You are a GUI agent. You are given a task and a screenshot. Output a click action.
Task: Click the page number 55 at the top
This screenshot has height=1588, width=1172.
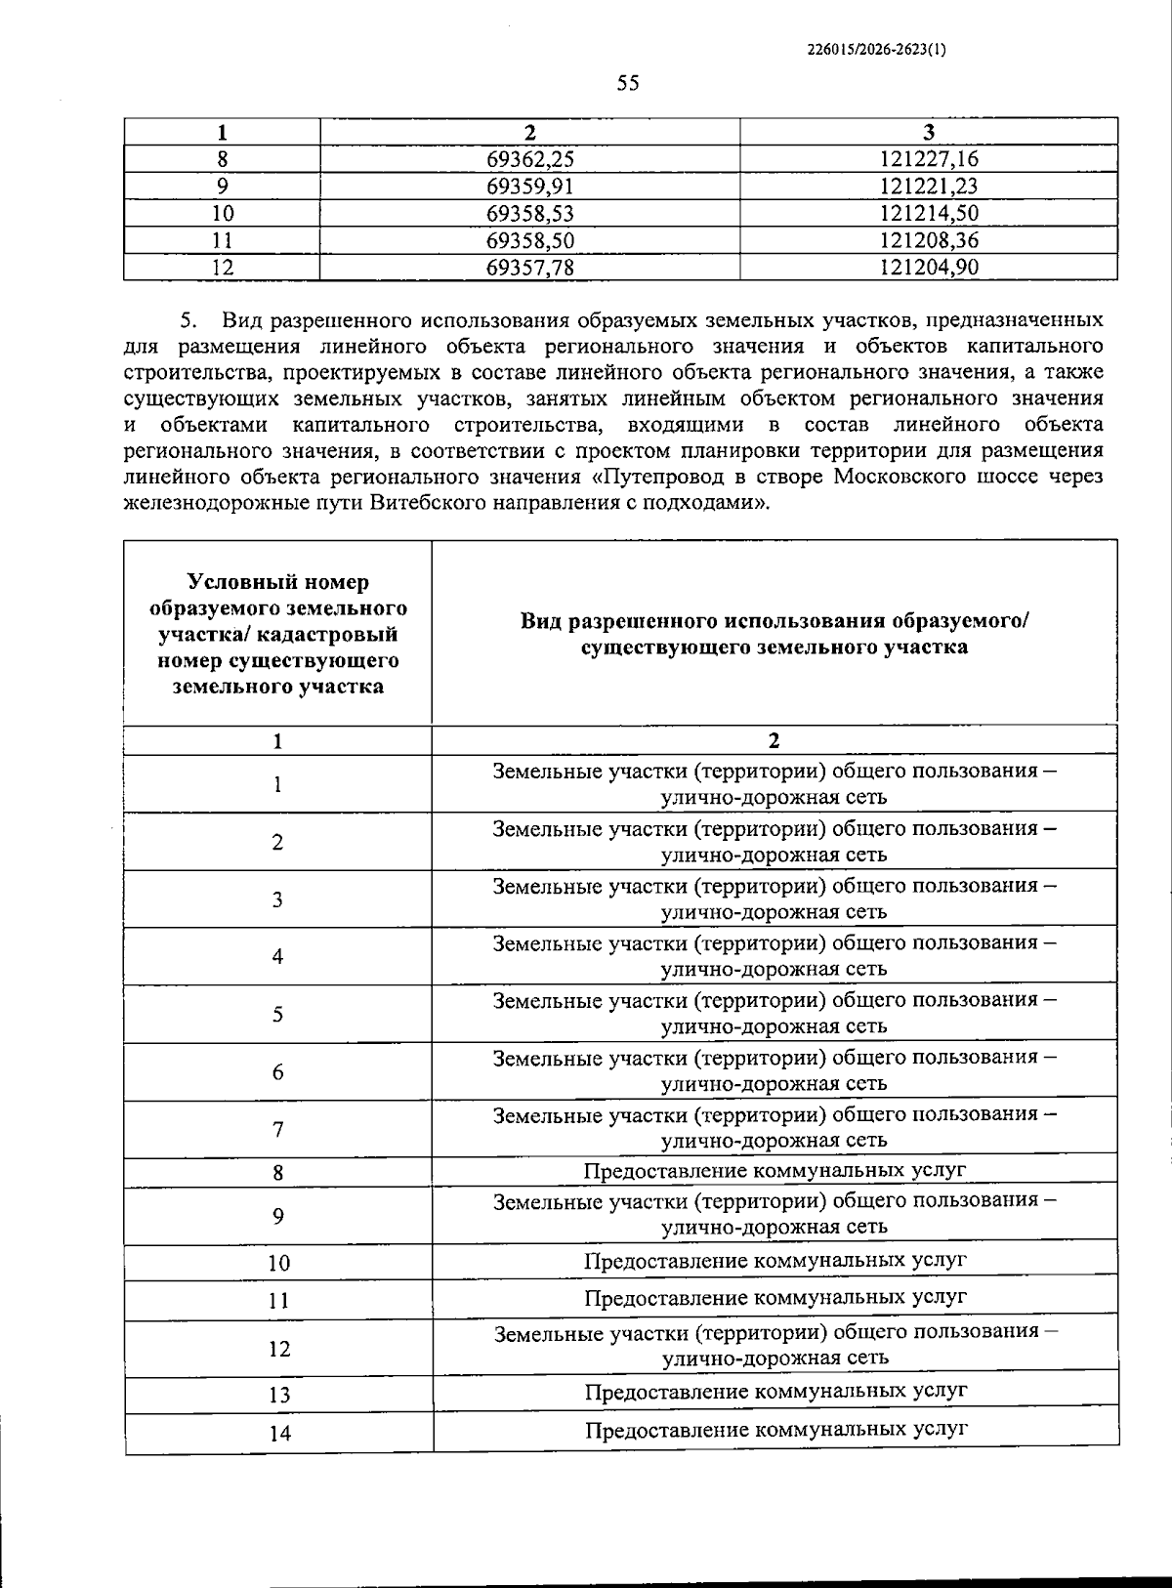[x=628, y=84]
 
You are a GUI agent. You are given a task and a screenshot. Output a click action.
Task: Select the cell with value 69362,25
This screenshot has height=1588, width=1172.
[x=529, y=159]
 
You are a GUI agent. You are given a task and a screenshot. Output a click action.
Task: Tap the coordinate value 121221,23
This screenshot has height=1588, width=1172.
[x=928, y=187]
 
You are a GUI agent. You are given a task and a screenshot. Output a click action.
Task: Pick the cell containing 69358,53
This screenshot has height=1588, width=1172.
[x=529, y=214]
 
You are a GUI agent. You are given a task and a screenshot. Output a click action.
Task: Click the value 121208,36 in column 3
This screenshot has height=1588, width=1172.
[x=928, y=240]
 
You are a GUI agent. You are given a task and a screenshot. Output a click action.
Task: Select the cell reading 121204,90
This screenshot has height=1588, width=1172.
[x=928, y=268]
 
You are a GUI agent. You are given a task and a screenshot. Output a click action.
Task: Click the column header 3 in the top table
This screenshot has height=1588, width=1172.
[x=928, y=133]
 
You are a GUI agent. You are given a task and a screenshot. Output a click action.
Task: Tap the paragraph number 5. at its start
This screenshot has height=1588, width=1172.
[x=188, y=319]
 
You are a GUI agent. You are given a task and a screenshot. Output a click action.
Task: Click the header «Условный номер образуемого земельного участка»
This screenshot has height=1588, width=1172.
[x=278, y=633]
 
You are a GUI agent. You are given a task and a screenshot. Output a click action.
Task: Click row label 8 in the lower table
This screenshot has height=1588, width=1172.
[x=278, y=1173]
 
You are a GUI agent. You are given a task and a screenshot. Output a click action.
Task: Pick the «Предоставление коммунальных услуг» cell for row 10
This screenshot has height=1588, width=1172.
[x=775, y=1261]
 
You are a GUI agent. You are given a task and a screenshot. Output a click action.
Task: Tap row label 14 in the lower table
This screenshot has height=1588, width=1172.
[x=279, y=1434]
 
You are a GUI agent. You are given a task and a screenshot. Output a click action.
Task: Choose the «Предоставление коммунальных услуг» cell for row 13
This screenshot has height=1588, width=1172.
[x=775, y=1392]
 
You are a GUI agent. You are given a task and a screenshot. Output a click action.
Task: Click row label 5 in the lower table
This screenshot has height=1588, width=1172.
[x=278, y=1015]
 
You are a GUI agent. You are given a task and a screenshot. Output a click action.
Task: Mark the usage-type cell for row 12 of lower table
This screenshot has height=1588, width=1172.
[x=775, y=1345]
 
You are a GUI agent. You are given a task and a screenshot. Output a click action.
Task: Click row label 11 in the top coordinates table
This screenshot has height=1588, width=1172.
[x=223, y=240]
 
